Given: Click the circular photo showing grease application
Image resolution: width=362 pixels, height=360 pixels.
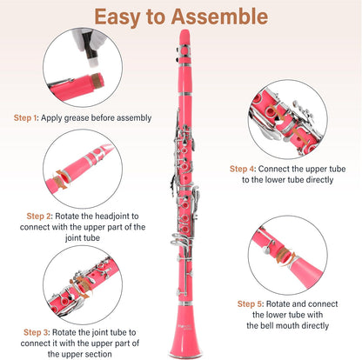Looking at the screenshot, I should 82,70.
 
